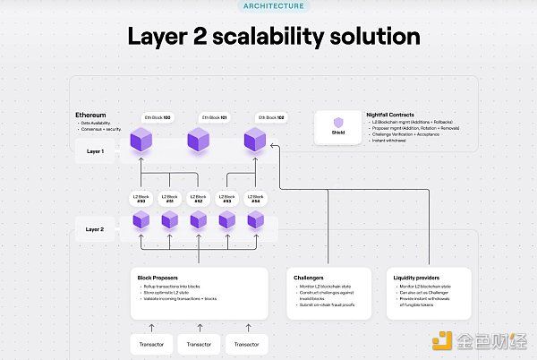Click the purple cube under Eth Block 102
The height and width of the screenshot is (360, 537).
pos(256,140)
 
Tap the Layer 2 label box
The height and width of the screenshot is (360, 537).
pos(95,229)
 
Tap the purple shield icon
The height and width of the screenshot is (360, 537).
pos(338,123)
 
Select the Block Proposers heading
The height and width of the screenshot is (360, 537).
pos(159,278)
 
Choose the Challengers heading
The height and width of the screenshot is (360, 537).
pos(309,278)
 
